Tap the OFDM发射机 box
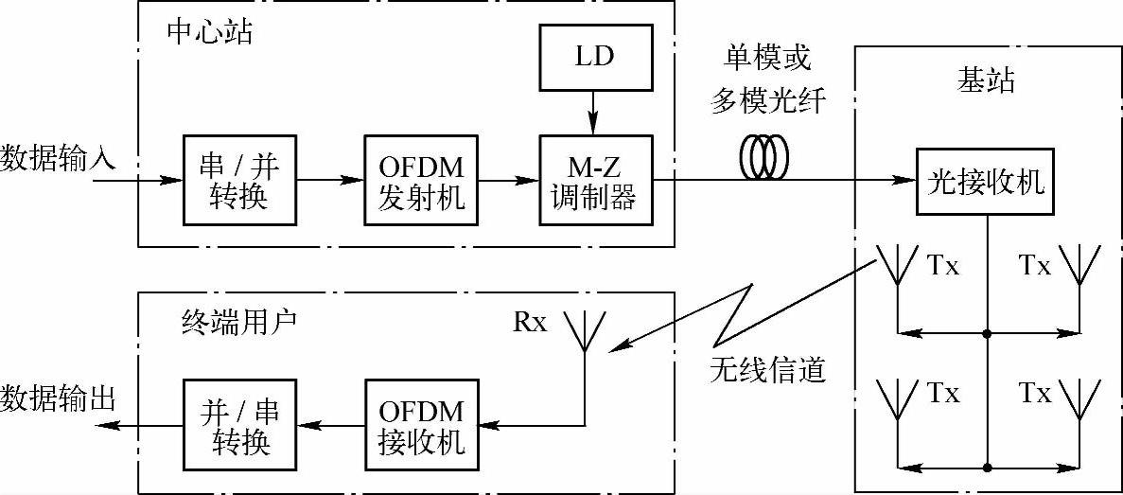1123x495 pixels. point(420,180)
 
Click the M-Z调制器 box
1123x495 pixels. point(595,180)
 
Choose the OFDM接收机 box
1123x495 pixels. point(420,428)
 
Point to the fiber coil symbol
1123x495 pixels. point(763,160)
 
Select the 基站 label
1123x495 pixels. point(986,80)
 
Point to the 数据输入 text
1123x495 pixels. point(58,157)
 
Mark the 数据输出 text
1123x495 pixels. point(58,398)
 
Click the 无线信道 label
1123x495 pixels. point(768,368)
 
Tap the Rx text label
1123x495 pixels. point(530,322)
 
